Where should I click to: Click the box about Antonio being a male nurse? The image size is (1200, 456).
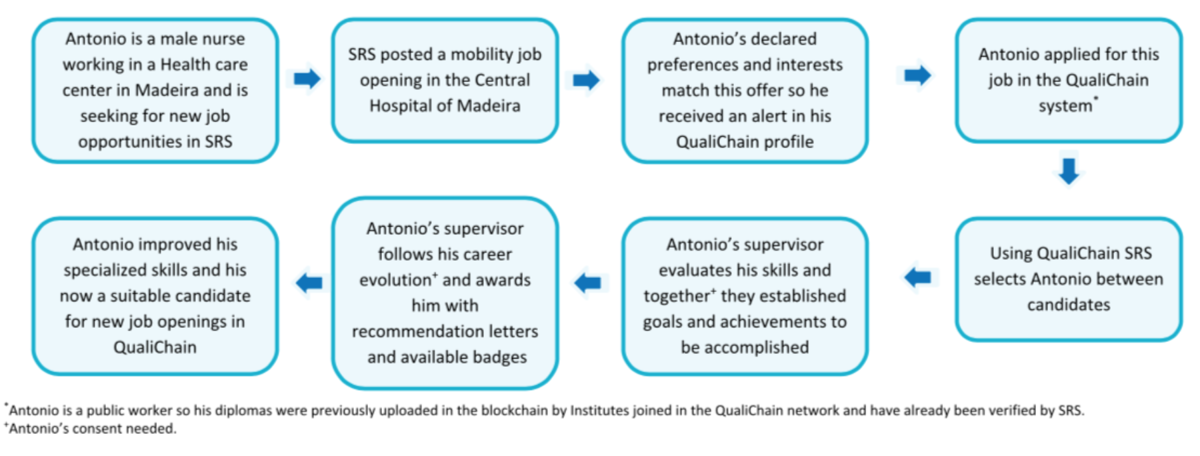pyautogui.click(x=155, y=90)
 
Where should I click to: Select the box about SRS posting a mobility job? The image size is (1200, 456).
pyautogui.click(x=445, y=80)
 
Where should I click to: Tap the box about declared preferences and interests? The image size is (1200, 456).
pyautogui.click(x=745, y=90)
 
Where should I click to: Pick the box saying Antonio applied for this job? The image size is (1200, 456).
pyautogui.click(x=1068, y=80)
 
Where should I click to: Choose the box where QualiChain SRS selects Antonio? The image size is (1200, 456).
pyautogui.click(x=1068, y=279)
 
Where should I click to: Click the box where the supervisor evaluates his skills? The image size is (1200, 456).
pyautogui.click(x=745, y=295)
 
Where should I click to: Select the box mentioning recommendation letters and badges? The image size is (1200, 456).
pyautogui.click(x=445, y=293)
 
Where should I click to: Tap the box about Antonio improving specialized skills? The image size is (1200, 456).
pyautogui.click(x=155, y=295)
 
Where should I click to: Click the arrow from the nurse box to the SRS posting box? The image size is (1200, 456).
pyautogui.click(x=307, y=79)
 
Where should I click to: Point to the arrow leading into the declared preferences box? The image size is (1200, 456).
pyautogui.click(x=586, y=80)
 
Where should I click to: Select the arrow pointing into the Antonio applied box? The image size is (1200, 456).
pyautogui.click(x=917, y=75)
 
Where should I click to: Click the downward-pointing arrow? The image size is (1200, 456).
pyautogui.click(x=1069, y=171)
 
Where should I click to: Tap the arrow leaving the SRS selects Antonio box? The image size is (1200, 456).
pyautogui.click(x=918, y=276)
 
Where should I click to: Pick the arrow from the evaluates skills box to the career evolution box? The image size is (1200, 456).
pyautogui.click(x=588, y=283)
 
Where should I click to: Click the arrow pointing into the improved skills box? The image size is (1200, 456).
pyautogui.click(x=309, y=283)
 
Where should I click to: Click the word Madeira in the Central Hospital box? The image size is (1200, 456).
pyautogui.click(x=488, y=106)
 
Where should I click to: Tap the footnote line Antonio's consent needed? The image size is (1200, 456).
pyautogui.click(x=92, y=429)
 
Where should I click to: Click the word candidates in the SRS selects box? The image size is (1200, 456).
pyautogui.click(x=1068, y=305)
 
